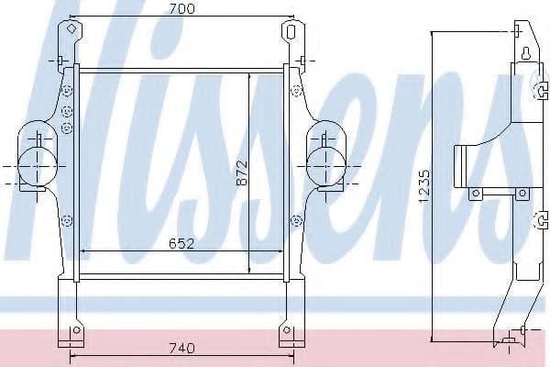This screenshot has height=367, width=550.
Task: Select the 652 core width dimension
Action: pyautogui.click(x=181, y=244)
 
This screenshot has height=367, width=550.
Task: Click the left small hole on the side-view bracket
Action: pyautogui.click(x=475, y=194)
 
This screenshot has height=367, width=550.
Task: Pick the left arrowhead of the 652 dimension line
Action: pyautogui.click(x=85, y=250)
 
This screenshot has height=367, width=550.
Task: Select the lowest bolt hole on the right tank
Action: pyautogui.click(x=295, y=220)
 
